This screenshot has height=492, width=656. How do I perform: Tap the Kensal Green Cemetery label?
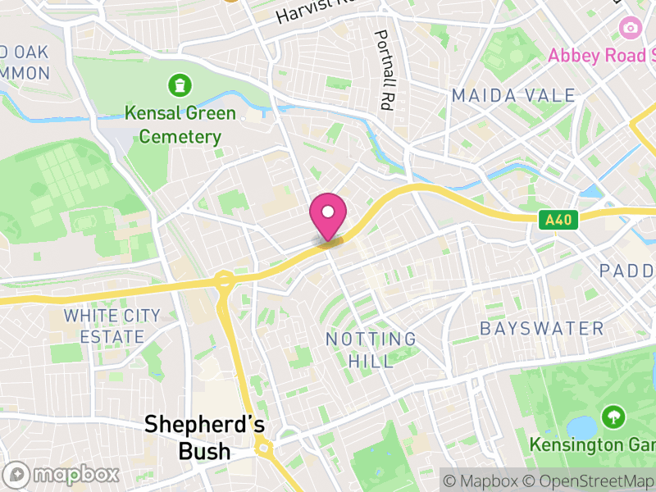180,125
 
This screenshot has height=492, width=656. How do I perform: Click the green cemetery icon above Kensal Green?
178,84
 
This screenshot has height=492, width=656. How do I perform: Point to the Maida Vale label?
513,96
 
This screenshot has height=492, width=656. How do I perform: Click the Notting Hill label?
371,348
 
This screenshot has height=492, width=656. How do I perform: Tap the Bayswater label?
541,329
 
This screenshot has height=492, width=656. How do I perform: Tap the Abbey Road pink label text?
603,56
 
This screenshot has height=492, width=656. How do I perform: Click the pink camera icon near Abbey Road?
630,28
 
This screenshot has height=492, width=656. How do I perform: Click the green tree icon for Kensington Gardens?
612,417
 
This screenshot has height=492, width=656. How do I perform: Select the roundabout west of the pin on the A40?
224,281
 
